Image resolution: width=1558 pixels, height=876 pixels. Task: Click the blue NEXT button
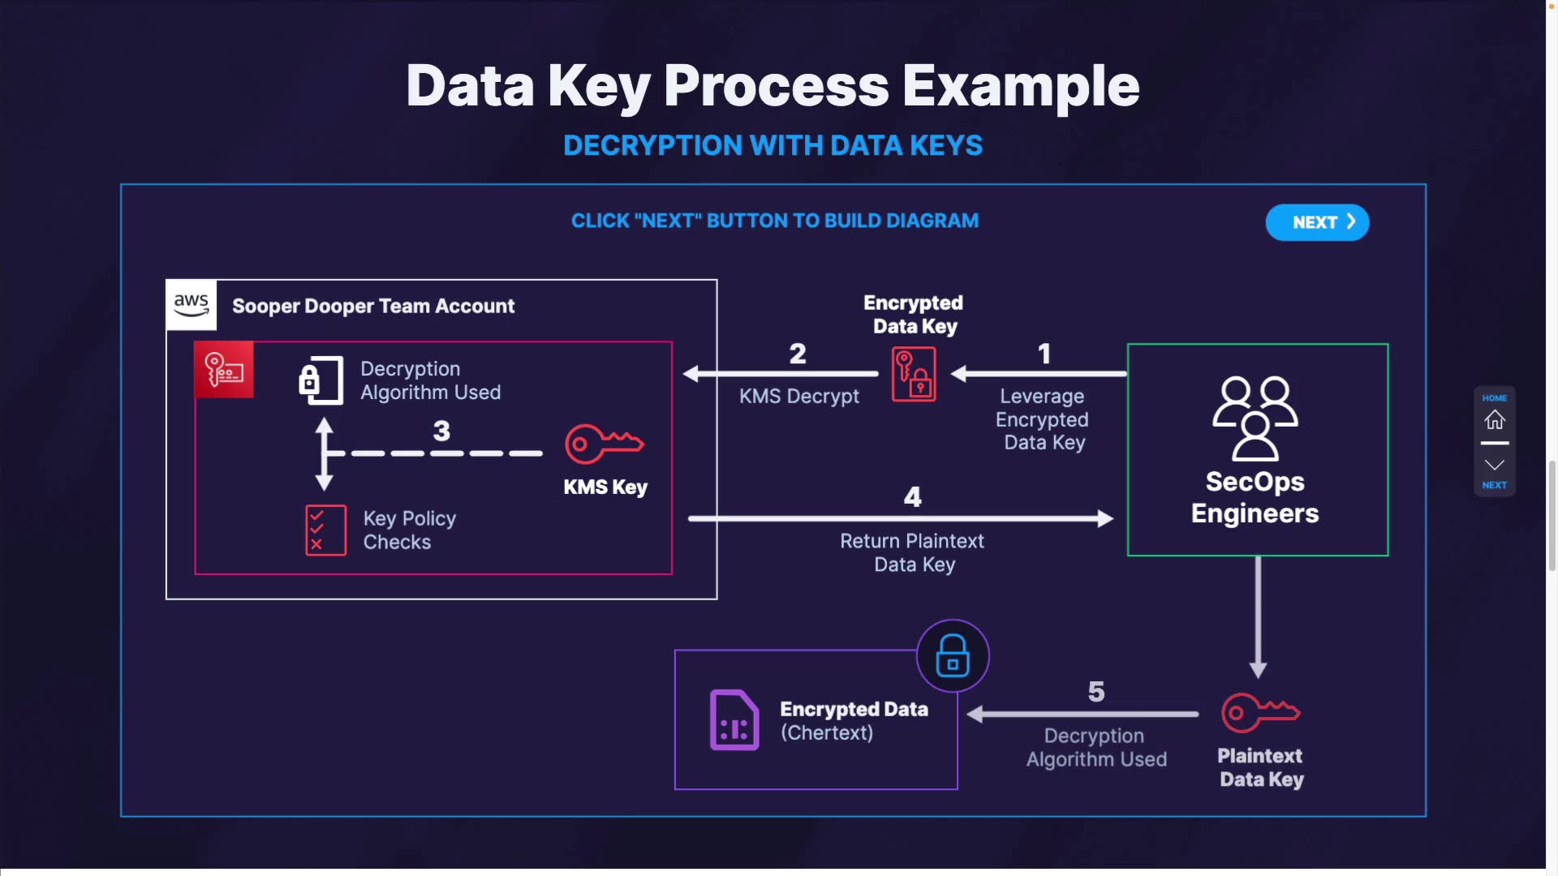pyautogui.click(x=1317, y=222)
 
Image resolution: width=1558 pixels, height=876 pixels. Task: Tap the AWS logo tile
pyautogui.click(x=191, y=305)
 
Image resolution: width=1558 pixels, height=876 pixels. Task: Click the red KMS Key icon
pyautogui.click(x=604, y=443)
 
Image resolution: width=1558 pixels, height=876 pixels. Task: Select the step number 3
pyautogui.click(x=441, y=431)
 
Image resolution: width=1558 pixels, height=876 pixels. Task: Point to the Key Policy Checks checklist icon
pyautogui.click(x=325, y=530)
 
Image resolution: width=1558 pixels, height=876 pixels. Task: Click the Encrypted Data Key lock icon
pyautogui.click(x=914, y=374)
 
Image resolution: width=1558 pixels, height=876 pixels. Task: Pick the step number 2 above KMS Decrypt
pyautogui.click(x=798, y=354)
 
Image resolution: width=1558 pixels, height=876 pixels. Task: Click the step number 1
pyautogui.click(x=1044, y=354)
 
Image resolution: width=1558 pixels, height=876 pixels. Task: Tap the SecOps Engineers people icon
pyautogui.click(x=1255, y=418)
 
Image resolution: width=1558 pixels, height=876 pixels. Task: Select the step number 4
pyautogui.click(x=913, y=496)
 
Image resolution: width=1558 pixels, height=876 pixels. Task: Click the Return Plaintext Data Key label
pyautogui.click(x=913, y=552)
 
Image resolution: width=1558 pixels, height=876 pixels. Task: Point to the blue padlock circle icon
pyautogui.click(x=953, y=655)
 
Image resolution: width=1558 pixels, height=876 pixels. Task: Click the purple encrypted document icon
pyautogui.click(x=734, y=719)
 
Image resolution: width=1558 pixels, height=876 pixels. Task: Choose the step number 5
pyautogui.click(x=1096, y=692)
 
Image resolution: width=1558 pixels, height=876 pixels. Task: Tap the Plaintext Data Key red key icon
pyautogui.click(x=1260, y=712)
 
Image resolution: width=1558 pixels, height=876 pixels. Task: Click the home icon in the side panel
pyautogui.click(x=1495, y=419)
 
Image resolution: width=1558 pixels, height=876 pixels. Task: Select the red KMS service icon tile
pyautogui.click(x=225, y=370)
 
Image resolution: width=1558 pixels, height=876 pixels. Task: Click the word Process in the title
pyautogui.click(x=776, y=86)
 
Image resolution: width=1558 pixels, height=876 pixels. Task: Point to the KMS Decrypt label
pyautogui.click(x=798, y=396)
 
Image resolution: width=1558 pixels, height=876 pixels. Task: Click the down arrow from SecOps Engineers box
pyautogui.click(x=1258, y=616)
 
